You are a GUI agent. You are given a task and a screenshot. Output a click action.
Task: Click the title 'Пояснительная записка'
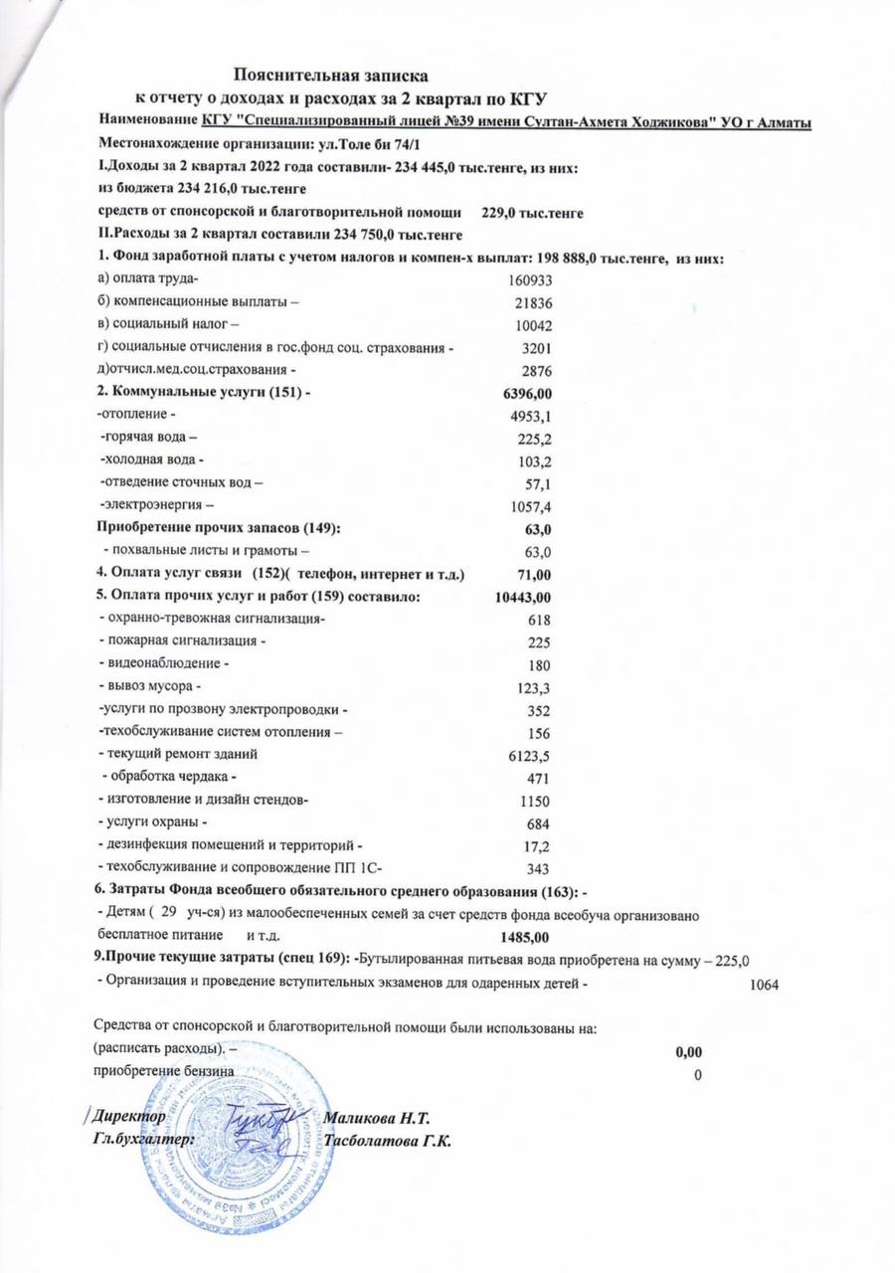click(x=331, y=75)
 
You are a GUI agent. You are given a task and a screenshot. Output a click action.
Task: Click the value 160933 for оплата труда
click(x=529, y=281)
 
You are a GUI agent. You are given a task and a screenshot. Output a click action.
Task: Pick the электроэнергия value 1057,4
click(x=531, y=506)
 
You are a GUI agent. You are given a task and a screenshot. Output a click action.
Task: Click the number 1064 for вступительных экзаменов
click(x=763, y=986)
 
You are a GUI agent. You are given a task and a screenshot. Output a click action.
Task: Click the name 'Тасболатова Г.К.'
click(x=389, y=1141)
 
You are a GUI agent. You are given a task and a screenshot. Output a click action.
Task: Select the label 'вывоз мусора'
click(x=149, y=686)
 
